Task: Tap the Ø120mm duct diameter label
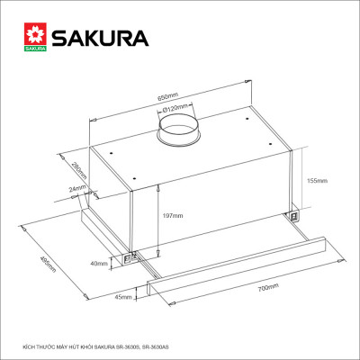point(175,112)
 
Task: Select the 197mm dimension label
point(171,216)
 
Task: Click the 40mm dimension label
point(98,264)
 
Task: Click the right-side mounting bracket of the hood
point(293,214)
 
